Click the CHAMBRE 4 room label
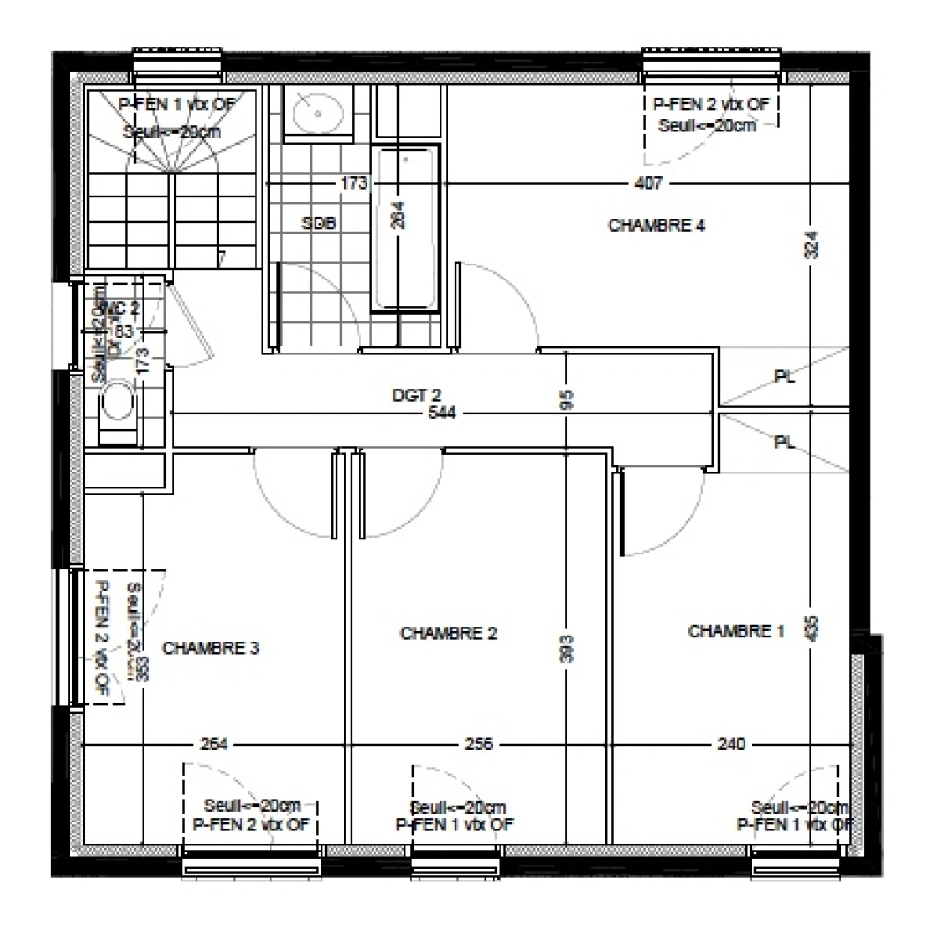(656, 226)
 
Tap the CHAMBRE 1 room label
(735, 631)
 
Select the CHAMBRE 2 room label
(448, 633)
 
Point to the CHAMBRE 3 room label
(211, 648)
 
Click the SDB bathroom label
(318, 224)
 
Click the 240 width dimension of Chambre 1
(730, 744)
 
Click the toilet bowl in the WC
(116, 405)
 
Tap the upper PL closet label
(784, 376)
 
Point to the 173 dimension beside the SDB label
(354, 183)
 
